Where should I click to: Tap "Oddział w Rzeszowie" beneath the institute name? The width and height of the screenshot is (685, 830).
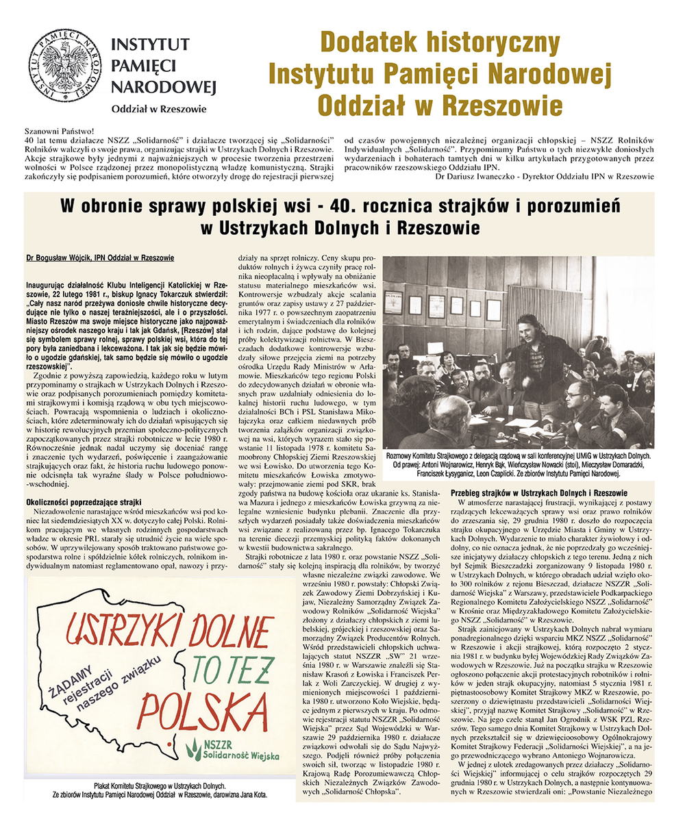158,108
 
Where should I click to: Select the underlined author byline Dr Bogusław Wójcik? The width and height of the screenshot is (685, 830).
100,257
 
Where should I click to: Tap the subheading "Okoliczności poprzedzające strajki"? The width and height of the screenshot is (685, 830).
82,501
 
